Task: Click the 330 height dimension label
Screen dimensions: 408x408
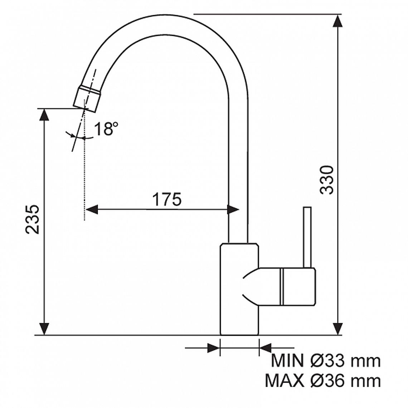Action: click(x=326, y=180)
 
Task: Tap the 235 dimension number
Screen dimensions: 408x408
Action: click(x=33, y=219)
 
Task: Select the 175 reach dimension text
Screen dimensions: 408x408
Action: click(x=166, y=200)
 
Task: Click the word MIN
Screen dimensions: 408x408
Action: click(x=287, y=361)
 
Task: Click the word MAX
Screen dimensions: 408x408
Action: click(x=284, y=381)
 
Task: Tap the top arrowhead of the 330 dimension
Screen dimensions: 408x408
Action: click(x=337, y=21)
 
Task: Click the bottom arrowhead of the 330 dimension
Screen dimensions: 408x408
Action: click(x=337, y=329)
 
